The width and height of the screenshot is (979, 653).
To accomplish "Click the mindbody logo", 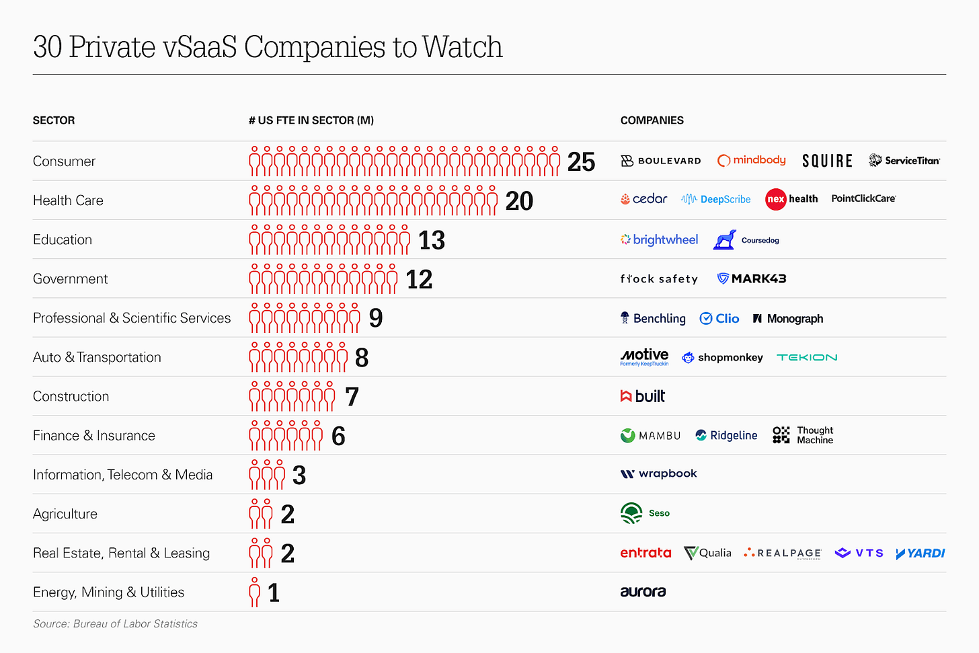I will click(751, 160).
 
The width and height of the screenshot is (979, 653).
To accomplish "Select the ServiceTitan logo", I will click(904, 160).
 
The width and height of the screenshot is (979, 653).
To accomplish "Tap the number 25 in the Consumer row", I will click(581, 162).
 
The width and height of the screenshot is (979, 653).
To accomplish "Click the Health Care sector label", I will click(68, 200).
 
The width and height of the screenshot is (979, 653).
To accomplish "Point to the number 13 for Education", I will click(432, 240).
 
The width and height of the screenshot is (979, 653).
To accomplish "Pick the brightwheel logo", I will click(659, 239).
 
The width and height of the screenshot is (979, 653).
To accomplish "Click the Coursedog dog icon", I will click(724, 240).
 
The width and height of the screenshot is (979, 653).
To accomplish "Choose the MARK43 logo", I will click(752, 278).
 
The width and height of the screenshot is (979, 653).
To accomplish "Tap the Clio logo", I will click(719, 318).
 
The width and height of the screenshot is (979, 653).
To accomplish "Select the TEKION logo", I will click(807, 357).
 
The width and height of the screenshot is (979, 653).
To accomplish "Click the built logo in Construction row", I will click(643, 396).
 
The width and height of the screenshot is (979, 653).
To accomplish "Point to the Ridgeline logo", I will click(726, 435).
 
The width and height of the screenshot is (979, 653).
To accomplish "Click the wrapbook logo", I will click(659, 473).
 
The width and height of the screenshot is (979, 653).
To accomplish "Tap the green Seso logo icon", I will click(631, 513).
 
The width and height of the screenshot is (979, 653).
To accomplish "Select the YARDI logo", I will click(921, 553).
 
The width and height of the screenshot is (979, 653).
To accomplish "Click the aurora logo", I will click(643, 592).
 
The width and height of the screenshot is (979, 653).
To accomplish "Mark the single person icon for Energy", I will click(254, 592).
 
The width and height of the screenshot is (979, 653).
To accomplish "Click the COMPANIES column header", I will click(652, 120).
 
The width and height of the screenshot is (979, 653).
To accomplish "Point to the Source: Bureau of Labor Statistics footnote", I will click(115, 623).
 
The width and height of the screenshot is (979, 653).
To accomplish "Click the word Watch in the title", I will click(463, 47).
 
